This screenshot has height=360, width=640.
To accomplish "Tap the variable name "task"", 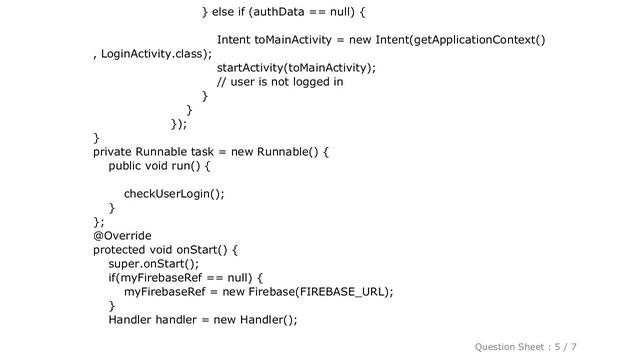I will [x=203, y=151].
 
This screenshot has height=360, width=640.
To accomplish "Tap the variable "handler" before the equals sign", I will [x=180, y=319].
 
